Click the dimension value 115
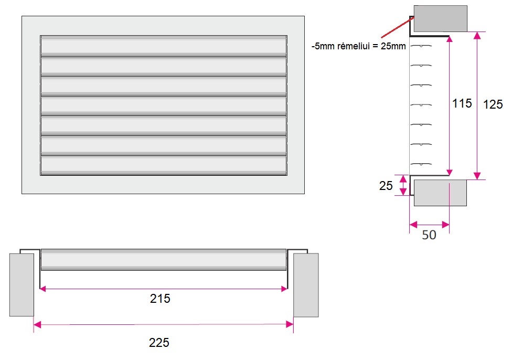[x=462, y=103]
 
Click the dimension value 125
[x=493, y=104]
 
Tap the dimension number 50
[x=429, y=235]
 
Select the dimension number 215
[x=160, y=298]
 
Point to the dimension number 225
[x=159, y=342]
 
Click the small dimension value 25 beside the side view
[x=386, y=185]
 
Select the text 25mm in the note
[x=393, y=46]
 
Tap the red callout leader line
[x=398, y=27]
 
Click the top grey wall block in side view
[x=440, y=19]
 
